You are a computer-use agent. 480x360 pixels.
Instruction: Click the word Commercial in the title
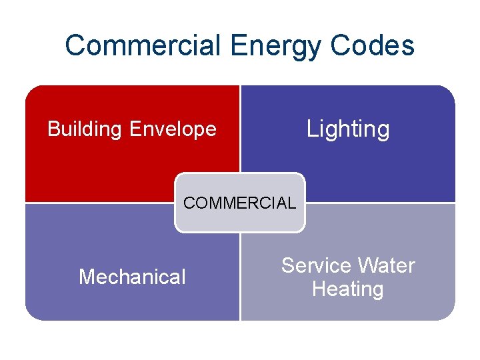143,45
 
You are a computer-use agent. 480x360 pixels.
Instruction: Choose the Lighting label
348,129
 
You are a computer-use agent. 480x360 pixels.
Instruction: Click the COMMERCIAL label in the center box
239,203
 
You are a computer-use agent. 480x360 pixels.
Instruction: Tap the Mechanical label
132,277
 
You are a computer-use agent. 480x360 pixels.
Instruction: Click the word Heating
347,289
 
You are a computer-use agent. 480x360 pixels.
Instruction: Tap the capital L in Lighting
311,128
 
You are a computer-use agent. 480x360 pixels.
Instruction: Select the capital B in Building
53,129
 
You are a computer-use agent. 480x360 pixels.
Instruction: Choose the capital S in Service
287,265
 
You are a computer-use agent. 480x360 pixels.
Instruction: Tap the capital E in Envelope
136,129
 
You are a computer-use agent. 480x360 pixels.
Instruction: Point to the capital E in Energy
237,45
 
